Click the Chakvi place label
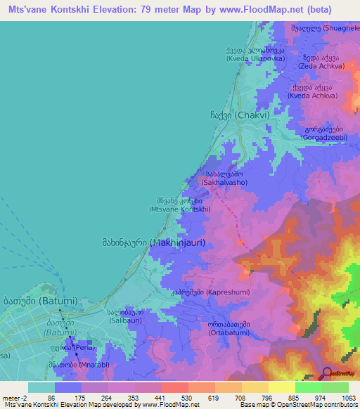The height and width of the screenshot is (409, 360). [x=240, y=115]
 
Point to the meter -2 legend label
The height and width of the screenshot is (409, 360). [x=14, y=398]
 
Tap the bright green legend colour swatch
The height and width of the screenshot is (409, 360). [x=308, y=387]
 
